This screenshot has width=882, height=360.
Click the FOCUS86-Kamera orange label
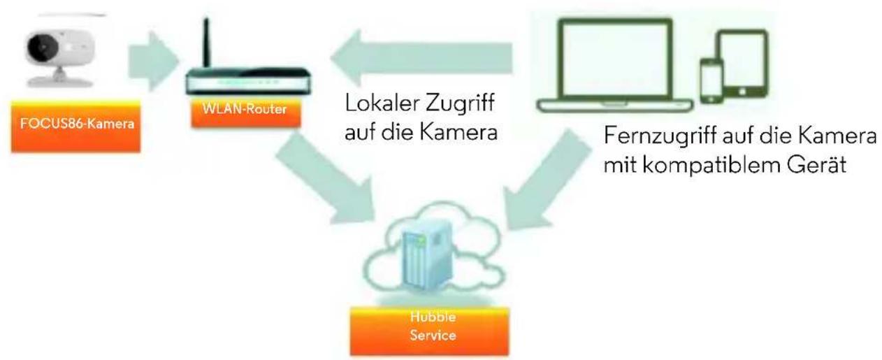click(x=75, y=126)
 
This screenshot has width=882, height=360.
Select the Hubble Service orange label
click(x=429, y=331)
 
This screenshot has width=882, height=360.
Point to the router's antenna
click(x=207, y=44)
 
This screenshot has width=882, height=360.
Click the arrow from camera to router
click(x=154, y=61)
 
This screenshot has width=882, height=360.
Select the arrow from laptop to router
click(x=421, y=57)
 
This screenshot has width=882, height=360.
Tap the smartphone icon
click(x=711, y=81)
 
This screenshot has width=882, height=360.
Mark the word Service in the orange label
click(x=433, y=336)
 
